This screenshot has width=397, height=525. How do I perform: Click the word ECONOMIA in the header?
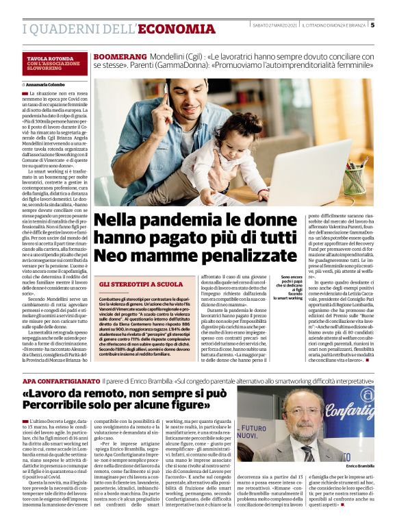pos(177,29)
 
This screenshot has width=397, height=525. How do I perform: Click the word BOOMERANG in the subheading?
pos(120,55)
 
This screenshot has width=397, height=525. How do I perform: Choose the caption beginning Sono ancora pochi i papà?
pos(290,288)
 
